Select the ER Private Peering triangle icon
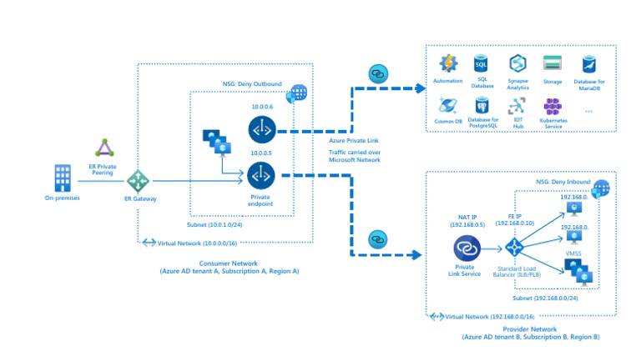coord(104,148)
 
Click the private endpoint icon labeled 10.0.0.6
coord(261,129)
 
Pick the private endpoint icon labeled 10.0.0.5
coord(261,176)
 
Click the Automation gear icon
coord(448,63)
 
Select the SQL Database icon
coord(481,63)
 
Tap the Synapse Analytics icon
coord(516,63)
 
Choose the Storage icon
coord(552,63)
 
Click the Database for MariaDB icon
coord(588,63)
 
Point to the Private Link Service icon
coord(465,248)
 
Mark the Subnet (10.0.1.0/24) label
coord(215,224)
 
